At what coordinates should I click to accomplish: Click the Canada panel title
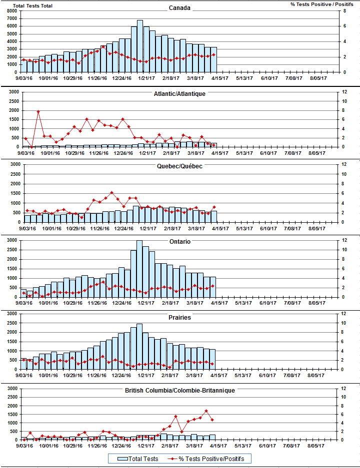pos(179,8)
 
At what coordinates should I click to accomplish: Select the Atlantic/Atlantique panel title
pos(179,93)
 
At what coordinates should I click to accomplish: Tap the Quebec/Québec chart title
pos(179,166)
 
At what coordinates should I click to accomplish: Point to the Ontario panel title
pos(179,242)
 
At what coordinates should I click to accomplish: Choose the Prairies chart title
pos(179,317)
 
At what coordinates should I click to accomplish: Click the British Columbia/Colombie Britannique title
pos(179,390)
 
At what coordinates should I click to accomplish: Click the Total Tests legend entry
pos(138,459)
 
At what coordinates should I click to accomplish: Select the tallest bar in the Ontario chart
pos(140,269)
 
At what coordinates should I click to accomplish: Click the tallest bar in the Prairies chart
pos(139,347)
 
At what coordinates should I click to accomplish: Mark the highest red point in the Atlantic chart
pos(38,111)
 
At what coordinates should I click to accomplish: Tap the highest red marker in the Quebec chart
pos(111,192)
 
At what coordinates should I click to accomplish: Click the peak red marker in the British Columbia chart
pos(206,411)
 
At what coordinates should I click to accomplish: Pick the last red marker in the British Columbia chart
pos(212,420)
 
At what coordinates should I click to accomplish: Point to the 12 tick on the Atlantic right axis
pos(343,91)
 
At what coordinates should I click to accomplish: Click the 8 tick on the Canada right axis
pos(343,10)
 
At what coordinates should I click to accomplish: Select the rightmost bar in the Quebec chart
pos(213,216)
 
